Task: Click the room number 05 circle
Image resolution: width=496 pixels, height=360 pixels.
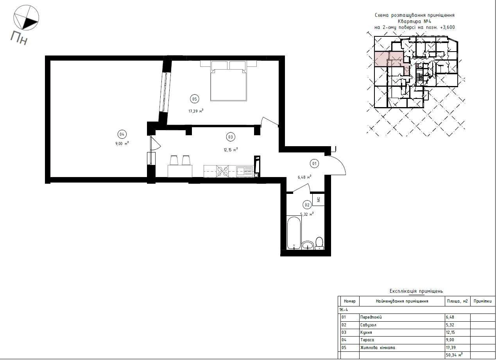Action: [194, 99]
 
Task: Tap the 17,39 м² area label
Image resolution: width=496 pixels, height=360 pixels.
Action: [196, 111]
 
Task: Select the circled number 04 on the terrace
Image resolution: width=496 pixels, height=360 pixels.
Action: [122, 134]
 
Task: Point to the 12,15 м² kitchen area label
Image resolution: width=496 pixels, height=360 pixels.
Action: [231, 150]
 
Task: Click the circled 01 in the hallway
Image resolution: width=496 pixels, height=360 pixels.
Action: [314, 164]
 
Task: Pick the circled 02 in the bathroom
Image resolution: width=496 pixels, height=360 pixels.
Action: [307, 205]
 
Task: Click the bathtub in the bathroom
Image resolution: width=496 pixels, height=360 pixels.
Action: [294, 233]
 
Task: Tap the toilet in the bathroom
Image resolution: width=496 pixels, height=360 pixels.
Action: [319, 243]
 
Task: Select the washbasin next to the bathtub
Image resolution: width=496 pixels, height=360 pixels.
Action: [308, 245]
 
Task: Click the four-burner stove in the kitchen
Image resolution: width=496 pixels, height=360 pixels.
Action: [222, 172]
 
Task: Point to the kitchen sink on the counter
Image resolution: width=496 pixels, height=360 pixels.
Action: [244, 172]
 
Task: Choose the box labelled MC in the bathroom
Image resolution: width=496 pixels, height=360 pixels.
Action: [319, 199]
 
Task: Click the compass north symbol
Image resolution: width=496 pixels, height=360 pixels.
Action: [26, 18]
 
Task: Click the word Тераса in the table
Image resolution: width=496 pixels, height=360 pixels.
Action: [367, 340]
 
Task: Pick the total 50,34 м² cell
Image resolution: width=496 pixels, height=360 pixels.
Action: [454, 355]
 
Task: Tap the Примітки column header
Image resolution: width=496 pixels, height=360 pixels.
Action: [482, 301]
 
